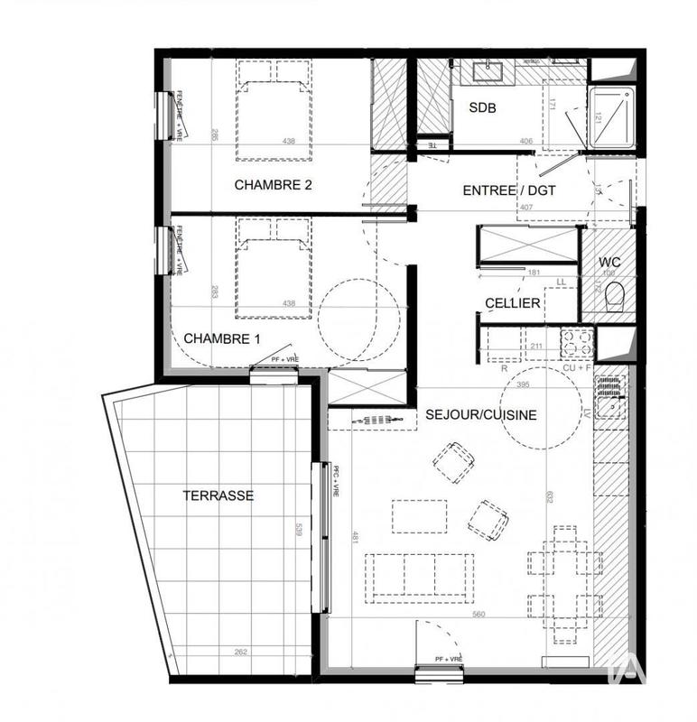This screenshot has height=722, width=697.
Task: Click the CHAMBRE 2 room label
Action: tap(274, 185)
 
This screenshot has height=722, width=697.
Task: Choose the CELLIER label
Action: tap(512, 303)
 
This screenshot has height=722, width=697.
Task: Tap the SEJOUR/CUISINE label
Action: tap(481, 415)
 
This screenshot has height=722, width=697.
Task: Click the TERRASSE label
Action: tap(218, 495)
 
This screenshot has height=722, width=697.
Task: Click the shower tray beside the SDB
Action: tap(613, 117)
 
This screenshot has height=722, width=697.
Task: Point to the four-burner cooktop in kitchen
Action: tap(578, 343)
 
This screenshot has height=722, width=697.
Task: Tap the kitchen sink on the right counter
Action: tap(610, 397)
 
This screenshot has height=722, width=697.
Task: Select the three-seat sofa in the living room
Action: tap(418, 576)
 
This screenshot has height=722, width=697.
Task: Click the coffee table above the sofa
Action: tap(419, 516)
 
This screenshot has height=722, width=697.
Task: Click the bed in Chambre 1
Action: tap(274, 268)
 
